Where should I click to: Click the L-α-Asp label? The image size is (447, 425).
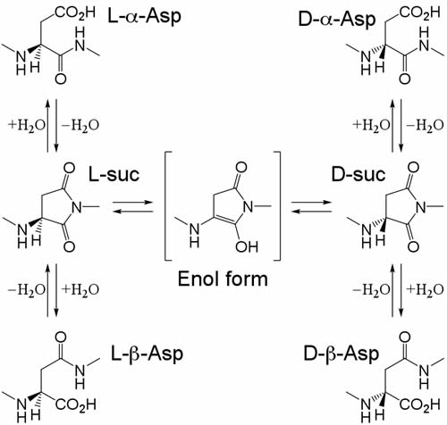tap(144, 16)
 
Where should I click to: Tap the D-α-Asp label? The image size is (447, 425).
tap(337, 20)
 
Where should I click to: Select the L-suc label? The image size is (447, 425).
tap(114, 173)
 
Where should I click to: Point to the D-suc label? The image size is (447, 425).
tap(358, 173)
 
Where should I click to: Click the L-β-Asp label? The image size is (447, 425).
tap(147, 354)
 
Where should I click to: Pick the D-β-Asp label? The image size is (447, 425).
tap(341, 354)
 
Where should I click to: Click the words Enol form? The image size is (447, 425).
tap(223, 279)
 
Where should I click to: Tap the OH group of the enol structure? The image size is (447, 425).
tap(247, 246)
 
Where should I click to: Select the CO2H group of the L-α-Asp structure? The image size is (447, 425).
tap(75, 12)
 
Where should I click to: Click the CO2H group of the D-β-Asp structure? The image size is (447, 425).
tap(419, 404)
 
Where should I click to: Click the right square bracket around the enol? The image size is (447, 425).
tap(277, 206)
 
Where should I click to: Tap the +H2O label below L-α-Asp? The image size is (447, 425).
tap(27, 125)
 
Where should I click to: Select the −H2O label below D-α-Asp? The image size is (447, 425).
tap(425, 125)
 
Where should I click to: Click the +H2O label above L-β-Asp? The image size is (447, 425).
tap(80, 289)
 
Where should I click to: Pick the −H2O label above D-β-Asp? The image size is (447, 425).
tap(371, 289)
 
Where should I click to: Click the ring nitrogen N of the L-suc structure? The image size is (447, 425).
tap(77, 207)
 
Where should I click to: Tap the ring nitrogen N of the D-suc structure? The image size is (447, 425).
tap(422, 207)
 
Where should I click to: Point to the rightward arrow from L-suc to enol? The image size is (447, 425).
tap(133, 203)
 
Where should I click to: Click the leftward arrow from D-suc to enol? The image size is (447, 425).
tap(311, 212)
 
